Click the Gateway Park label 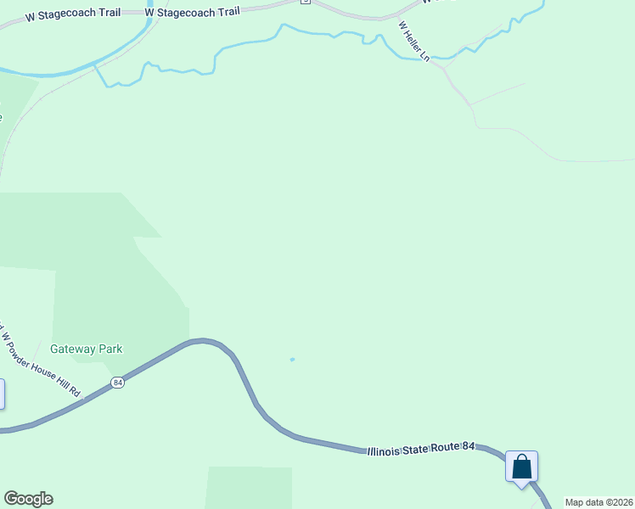[x=86, y=349]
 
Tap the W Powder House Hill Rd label [x=41, y=361]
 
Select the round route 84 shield [x=118, y=383]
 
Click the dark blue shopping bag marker [x=521, y=467]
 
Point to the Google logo [x=28, y=499]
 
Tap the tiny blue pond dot [x=292, y=360]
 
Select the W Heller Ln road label [x=414, y=45]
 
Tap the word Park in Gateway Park [x=110, y=349]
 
